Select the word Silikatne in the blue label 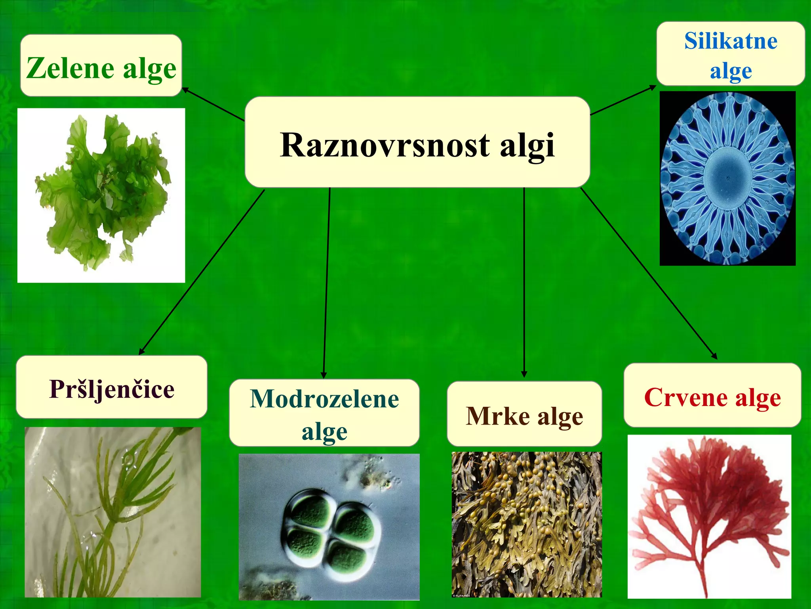coord(731,41)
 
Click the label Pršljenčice coord(112,389)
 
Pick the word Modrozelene coord(324,399)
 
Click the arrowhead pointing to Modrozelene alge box coord(324,375)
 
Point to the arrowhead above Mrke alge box coord(524,374)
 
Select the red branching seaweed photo coord(709,511)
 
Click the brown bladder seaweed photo coord(527,523)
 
